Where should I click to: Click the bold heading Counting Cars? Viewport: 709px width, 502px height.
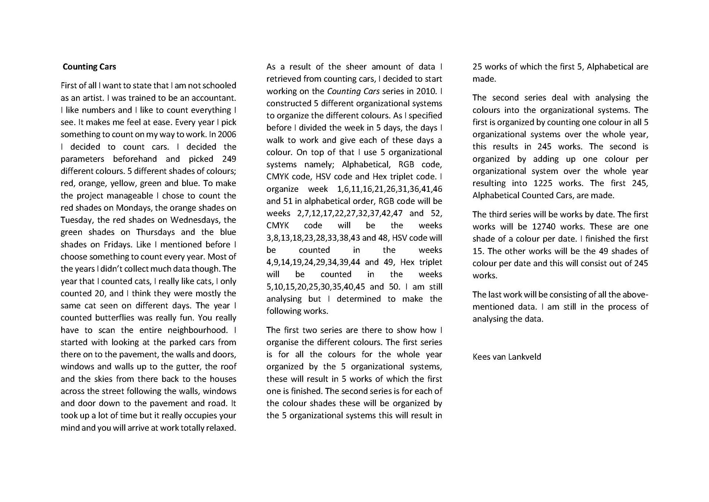point(89,67)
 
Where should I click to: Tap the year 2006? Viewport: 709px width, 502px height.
point(227,135)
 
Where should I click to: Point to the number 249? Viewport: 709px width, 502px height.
point(229,159)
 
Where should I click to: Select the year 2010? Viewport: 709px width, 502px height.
point(427,91)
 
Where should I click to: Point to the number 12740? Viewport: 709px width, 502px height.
point(544,227)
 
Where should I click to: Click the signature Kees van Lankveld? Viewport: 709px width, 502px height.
point(507,357)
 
